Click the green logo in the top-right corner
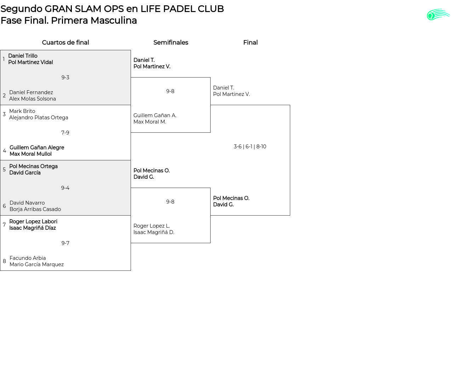438,15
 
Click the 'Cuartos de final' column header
65,42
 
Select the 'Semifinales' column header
171,42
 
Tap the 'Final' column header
250,42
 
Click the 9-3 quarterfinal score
65,78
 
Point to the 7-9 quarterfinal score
65,133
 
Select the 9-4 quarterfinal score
65,188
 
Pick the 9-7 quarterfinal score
65,243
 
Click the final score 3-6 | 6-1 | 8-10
250,147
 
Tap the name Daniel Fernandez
31,92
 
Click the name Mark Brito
22,111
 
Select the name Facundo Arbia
28,258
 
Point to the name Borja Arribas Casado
35,209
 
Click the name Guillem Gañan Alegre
37,148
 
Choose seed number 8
4,261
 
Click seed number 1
4,59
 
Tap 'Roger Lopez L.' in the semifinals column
152,226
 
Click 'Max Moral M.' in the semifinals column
150,122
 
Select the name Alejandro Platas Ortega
39,118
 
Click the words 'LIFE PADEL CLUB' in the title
182,9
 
